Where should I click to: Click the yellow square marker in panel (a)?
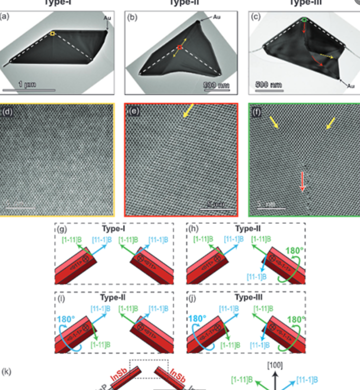click(52, 34)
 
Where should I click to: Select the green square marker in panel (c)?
click(305, 20)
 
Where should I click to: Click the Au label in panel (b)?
click(217, 17)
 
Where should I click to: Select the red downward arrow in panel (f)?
click(302, 181)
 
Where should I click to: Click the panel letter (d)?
click(7, 110)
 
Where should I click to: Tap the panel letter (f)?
click(256, 110)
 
